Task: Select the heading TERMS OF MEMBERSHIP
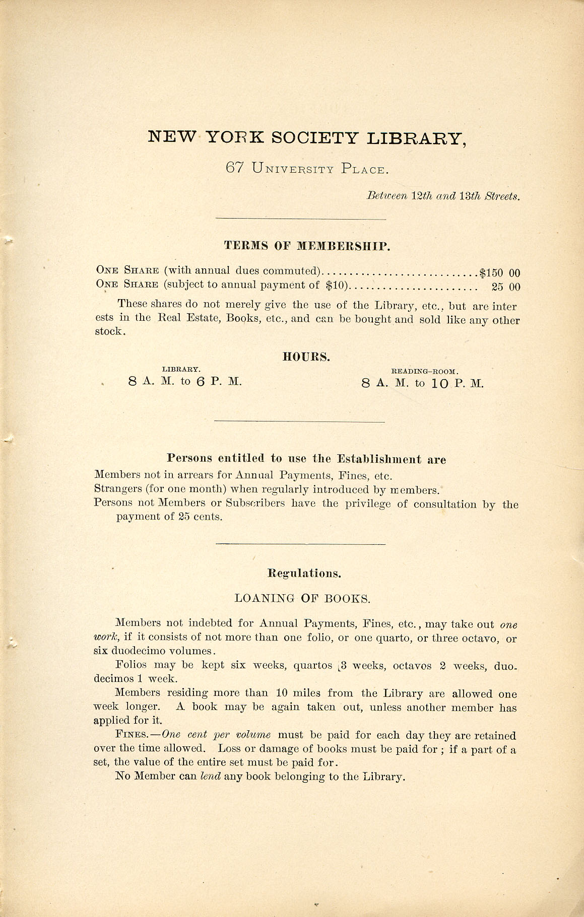click(x=307, y=246)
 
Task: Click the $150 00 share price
click(x=499, y=273)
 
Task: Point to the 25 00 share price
click(x=506, y=287)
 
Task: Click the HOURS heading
click(x=306, y=357)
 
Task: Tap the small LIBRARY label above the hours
click(x=181, y=369)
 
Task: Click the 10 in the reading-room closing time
click(x=440, y=384)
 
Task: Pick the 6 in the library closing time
click(x=200, y=382)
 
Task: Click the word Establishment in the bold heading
click(x=379, y=459)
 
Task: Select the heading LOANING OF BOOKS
click(x=302, y=599)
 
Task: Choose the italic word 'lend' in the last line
click(x=211, y=776)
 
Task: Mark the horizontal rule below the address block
click(x=300, y=219)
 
